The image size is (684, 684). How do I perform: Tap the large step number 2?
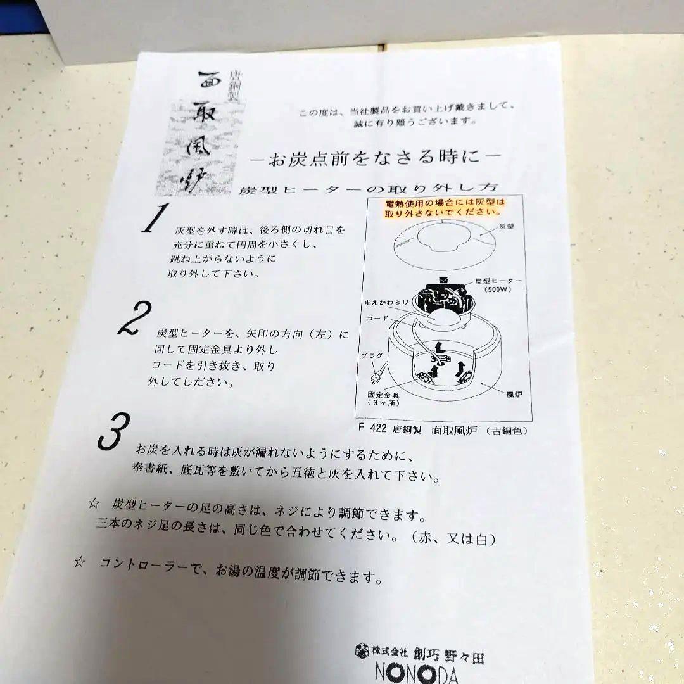pos(136,319)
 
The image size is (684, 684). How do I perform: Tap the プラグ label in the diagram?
pos(372,356)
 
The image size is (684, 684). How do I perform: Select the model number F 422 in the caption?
pos(372,427)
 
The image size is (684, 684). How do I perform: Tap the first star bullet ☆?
pos(94,504)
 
